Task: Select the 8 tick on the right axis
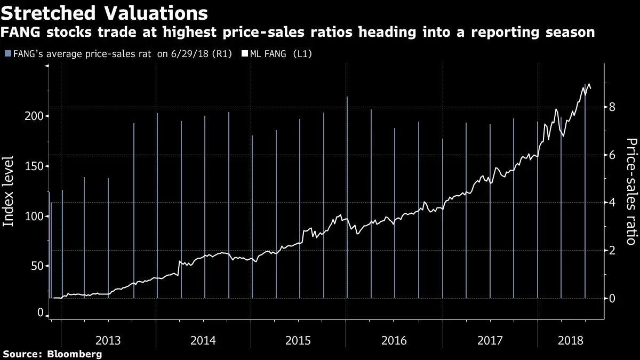click(613, 107)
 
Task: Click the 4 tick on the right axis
click(613, 203)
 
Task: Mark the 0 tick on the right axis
click(613, 298)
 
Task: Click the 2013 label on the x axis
click(108, 340)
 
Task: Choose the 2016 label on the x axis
click(394, 340)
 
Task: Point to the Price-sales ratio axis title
click(631, 191)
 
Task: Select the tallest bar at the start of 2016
click(347, 197)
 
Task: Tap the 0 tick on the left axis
click(40, 313)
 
